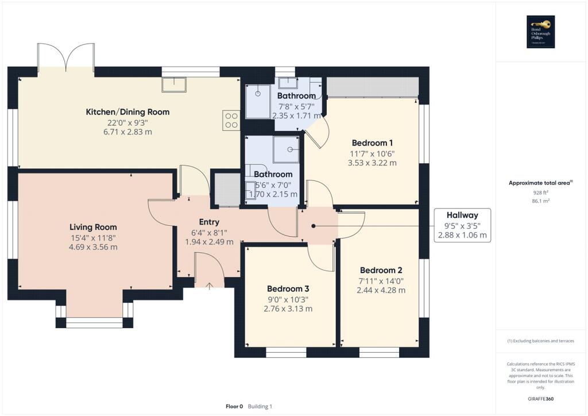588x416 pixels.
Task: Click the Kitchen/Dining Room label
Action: [127, 111]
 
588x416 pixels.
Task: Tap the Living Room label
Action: [93, 227]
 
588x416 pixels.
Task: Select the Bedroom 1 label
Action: [372, 142]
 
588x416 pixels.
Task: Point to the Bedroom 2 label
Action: [381, 270]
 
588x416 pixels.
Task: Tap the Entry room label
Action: [209, 222]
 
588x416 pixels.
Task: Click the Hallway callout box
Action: [462, 225]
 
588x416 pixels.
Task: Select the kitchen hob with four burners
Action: [231, 120]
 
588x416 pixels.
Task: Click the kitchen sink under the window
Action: [175, 84]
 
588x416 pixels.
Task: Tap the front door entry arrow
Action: [209, 284]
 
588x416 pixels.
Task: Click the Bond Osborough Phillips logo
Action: [540, 32]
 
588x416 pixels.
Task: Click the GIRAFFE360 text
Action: [540, 398]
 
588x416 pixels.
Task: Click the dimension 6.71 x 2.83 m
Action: [127, 132]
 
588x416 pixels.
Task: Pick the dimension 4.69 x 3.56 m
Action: [93, 247]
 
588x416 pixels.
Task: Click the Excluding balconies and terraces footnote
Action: [540, 341]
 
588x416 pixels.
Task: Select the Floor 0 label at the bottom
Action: [234, 406]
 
